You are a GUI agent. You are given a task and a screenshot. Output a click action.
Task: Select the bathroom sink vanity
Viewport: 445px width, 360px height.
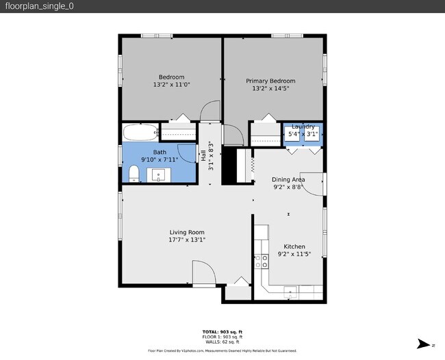pyautogui.click(x=160, y=176)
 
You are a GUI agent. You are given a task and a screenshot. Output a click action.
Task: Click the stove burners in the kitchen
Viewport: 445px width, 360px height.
pyautogui.click(x=261, y=261)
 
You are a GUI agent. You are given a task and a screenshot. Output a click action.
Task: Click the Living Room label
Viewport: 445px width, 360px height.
pyautogui.click(x=187, y=232)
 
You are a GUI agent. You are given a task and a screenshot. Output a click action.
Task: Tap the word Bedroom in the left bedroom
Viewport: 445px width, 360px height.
pyautogui.click(x=171, y=77)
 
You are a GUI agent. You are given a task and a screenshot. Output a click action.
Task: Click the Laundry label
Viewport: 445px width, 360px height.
pyautogui.click(x=303, y=127)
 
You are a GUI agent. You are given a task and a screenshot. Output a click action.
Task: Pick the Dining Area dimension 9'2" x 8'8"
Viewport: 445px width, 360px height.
pyautogui.click(x=288, y=186)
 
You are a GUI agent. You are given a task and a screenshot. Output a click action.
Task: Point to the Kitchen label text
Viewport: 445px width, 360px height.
pyautogui.click(x=294, y=246)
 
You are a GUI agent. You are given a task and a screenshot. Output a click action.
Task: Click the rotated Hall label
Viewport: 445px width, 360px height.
pyautogui.click(x=203, y=157)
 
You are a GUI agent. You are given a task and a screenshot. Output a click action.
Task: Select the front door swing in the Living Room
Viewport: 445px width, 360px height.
pyautogui.click(x=203, y=273)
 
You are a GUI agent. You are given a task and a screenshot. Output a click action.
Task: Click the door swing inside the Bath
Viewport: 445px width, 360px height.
pyautogui.click(x=187, y=153)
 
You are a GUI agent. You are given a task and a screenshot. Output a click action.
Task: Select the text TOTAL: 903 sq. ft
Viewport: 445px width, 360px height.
pyautogui.click(x=222, y=332)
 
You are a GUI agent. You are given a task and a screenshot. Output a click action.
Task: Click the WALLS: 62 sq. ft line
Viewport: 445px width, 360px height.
pyautogui.click(x=222, y=342)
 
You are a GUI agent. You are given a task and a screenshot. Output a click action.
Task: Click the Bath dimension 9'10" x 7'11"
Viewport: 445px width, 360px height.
pyautogui.click(x=160, y=159)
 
